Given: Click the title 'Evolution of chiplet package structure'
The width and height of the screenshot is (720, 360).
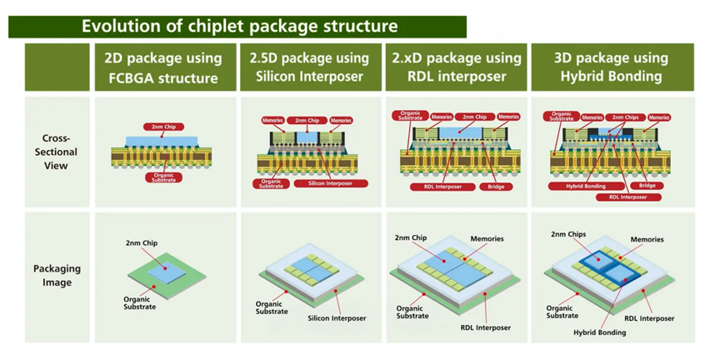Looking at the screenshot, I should coord(238,26).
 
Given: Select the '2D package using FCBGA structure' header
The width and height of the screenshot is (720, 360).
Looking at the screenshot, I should coord(162,68).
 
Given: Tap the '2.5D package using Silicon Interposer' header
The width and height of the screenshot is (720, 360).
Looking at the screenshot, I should coord(308,68).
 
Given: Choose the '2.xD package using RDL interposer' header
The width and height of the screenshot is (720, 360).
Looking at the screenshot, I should coord(456,68).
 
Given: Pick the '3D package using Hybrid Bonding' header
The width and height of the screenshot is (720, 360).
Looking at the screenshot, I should coord(611,68).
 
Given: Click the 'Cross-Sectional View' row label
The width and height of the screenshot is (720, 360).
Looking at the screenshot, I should coord(57,152).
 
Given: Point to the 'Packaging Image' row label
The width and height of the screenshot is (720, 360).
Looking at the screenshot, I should coord(57,276).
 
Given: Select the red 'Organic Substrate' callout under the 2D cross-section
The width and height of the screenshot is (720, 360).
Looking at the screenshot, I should coord(163,177).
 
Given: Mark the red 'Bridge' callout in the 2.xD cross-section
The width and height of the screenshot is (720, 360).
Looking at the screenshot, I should coord(492,187).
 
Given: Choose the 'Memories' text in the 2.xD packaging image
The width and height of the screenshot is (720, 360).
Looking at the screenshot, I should coord(486,239).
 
